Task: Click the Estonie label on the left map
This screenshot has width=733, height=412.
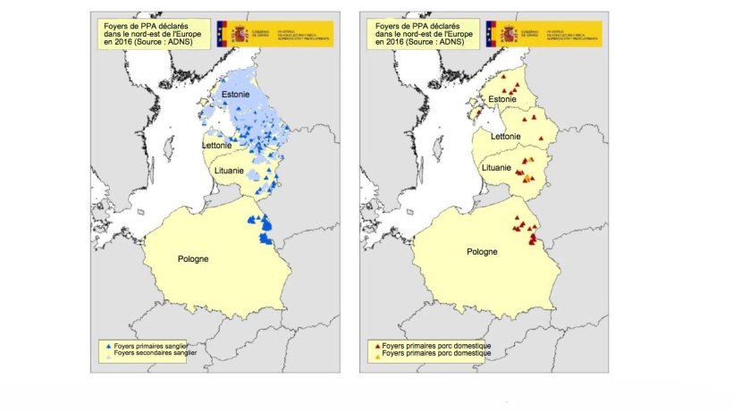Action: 235,92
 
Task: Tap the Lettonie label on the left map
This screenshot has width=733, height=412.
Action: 218,145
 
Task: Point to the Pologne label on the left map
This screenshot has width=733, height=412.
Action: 191,259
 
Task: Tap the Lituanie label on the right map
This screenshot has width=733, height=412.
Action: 497,167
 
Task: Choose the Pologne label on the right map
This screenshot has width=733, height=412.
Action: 484,252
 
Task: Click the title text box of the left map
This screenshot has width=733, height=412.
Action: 151,32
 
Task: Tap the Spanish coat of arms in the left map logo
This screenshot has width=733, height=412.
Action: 240,34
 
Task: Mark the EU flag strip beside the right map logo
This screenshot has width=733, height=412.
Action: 489,34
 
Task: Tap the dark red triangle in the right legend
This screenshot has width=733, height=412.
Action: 376,345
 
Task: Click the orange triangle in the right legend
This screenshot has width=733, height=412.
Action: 376,353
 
